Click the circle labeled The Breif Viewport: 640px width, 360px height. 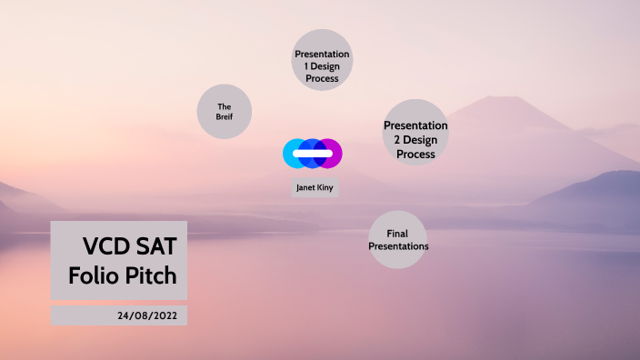tap(224, 112)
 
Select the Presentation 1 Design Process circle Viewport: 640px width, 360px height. tap(322, 60)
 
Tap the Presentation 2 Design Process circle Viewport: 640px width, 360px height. tap(415, 133)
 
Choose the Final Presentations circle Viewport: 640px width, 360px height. tap(397, 240)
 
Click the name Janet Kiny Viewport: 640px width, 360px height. tap(315, 188)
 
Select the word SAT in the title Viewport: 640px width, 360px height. tap(157, 246)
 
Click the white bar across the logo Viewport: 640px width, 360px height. tap(312, 154)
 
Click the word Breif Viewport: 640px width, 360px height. tap(224, 117)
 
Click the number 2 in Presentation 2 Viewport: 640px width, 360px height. tap(388, 140)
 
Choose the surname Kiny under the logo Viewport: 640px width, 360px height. tap(325, 188)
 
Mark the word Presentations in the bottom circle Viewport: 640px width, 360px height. tap(398, 246)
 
